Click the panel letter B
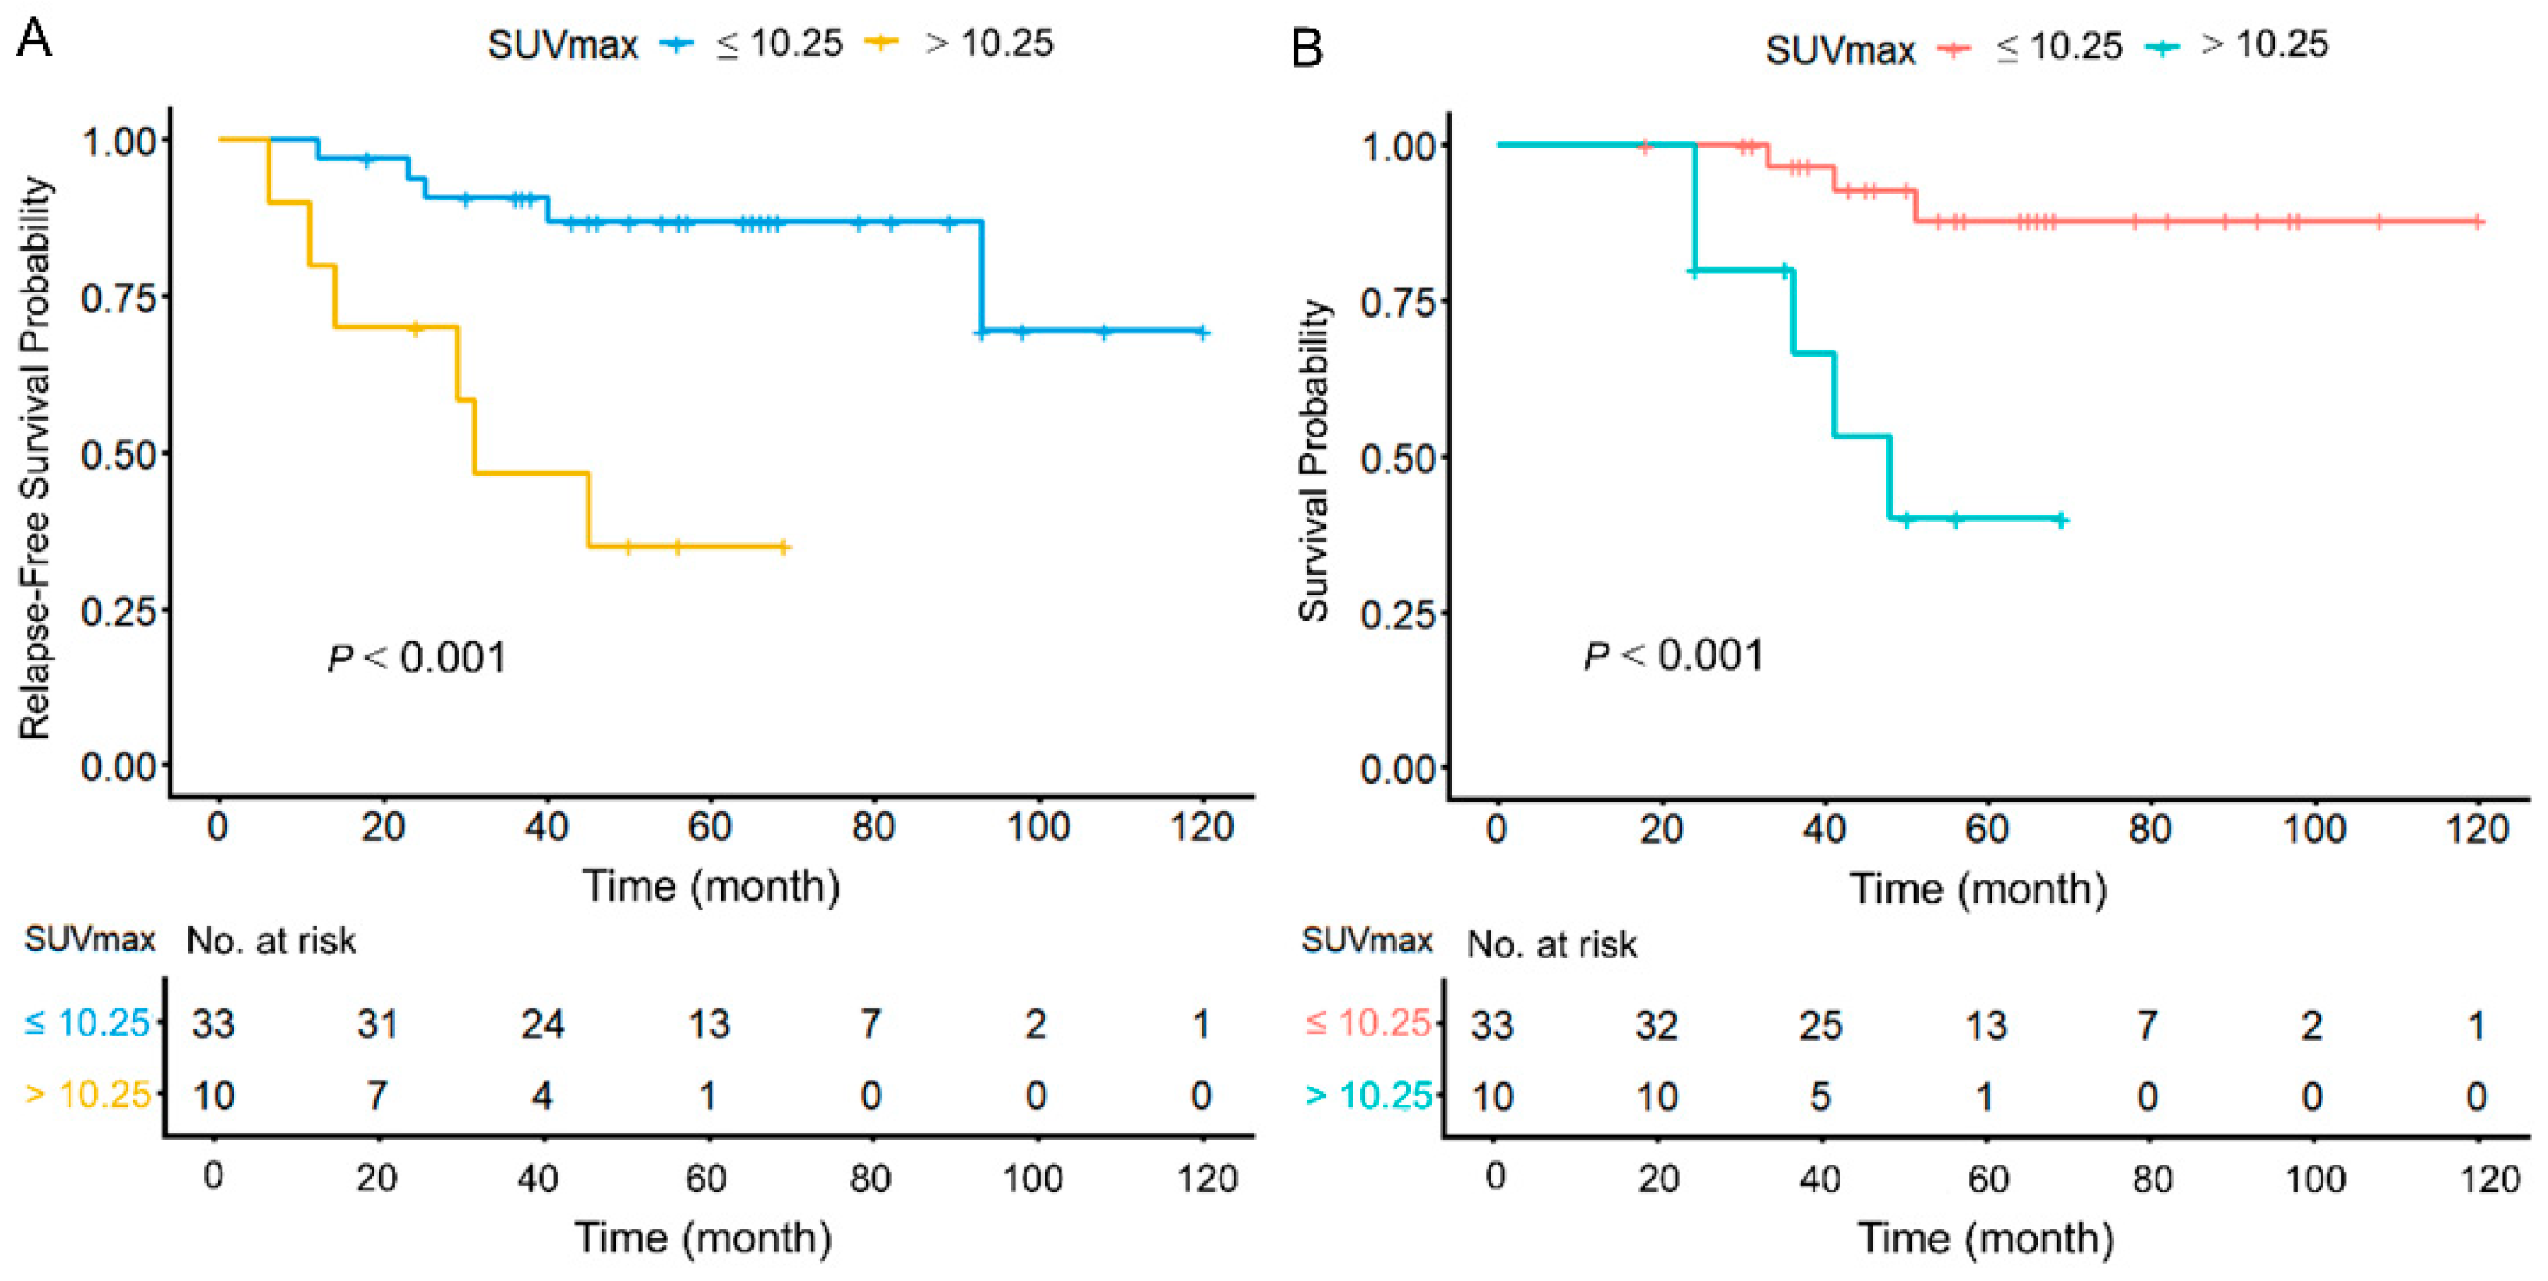(1307, 47)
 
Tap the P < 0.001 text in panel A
(417, 658)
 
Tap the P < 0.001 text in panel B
(1674, 656)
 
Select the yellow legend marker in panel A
(879, 42)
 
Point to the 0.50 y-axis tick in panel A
(119, 455)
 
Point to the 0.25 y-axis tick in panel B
(1398, 614)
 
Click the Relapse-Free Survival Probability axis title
(35, 457)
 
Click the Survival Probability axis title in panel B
(1314, 460)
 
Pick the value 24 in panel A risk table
(543, 1024)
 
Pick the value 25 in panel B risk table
(1820, 1026)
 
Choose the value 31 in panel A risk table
(378, 1024)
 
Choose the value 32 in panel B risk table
(1656, 1026)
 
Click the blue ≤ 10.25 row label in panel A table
(87, 1023)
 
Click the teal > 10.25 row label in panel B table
(1369, 1095)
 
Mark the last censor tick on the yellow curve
(783, 546)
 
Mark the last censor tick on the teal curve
(2060, 519)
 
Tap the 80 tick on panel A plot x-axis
(872, 827)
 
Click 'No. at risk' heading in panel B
(1551, 944)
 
